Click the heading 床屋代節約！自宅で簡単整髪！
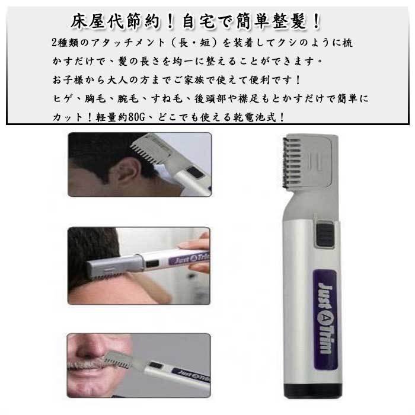pyautogui.click(x=196, y=21)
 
